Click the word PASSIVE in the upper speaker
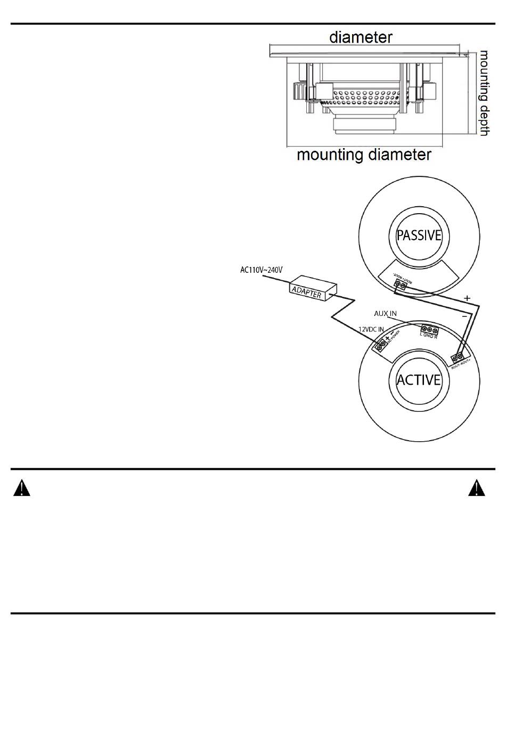(419, 235)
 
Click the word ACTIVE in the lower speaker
(419, 380)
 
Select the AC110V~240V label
(261, 270)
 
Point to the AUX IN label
(385, 314)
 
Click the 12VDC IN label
(371, 330)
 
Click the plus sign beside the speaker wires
(467, 298)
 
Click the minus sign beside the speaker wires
(464, 316)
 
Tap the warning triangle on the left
(22, 488)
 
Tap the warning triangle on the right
(477, 488)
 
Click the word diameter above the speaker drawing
(361, 37)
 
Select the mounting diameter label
(364, 155)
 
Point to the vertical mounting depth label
(484, 93)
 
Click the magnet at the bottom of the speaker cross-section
(365, 125)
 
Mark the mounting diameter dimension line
(365, 147)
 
